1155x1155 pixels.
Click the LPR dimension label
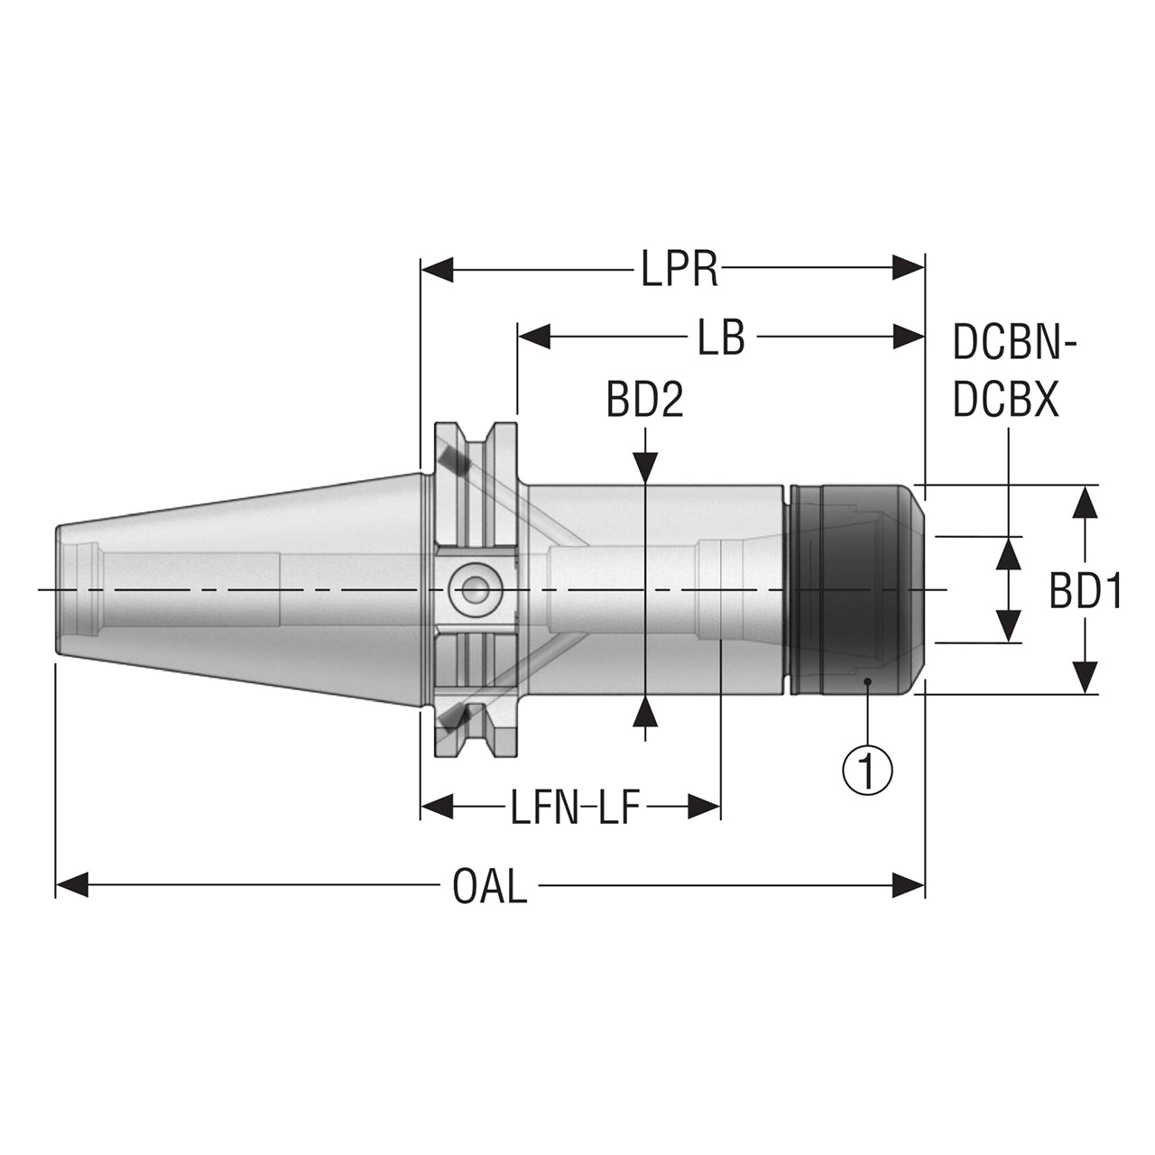tap(679, 269)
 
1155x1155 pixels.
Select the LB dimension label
tap(722, 337)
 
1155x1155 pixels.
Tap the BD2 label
tap(644, 401)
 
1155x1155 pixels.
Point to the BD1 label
tap(1085, 590)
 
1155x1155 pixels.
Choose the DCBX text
tap(1006, 399)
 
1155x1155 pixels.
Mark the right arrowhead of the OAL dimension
tap(908, 885)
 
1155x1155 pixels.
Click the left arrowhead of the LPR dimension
tap(437, 268)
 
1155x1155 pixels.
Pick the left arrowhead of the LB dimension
tap(533, 337)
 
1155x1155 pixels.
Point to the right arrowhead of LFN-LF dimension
tap(704, 806)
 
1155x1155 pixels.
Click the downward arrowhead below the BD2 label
tap(645, 467)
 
